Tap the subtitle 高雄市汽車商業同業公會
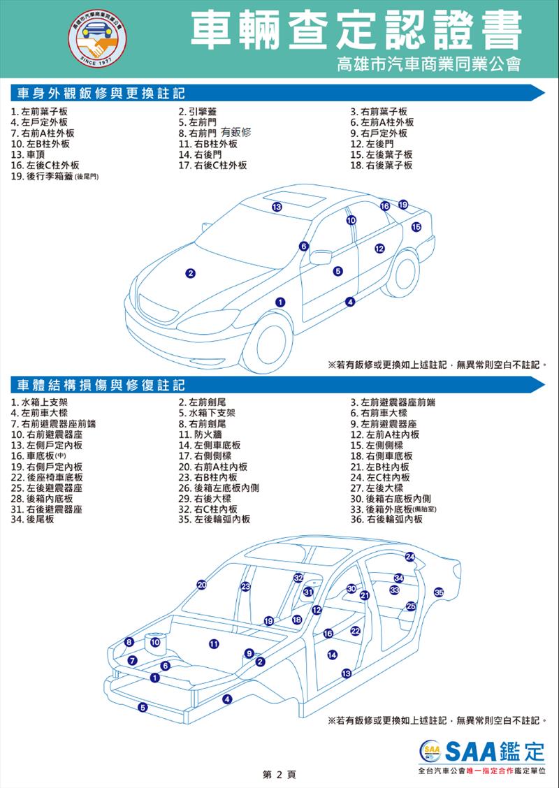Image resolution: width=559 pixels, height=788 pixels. pyautogui.click(x=430, y=64)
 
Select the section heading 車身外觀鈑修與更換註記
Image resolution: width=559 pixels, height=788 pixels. pyautogui.click(x=101, y=93)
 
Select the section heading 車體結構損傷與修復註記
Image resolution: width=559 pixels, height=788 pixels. pyautogui.click(x=101, y=385)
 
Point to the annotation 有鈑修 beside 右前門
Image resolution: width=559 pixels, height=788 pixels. pyautogui.click(x=235, y=133)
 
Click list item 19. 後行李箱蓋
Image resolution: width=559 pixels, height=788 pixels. pyautogui.click(x=55, y=177)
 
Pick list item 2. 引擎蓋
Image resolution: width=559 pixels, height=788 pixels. pyautogui.click(x=198, y=112)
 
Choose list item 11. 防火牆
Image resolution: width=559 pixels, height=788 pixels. pyautogui.click(x=200, y=435)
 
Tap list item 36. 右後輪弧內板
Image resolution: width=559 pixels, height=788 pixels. pyautogui.click(x=386, y=519)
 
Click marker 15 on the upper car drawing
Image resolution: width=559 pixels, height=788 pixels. pyautogui.click(x=416, y=227)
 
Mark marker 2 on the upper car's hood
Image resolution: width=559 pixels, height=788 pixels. pyautogui.click(x=190, y=273)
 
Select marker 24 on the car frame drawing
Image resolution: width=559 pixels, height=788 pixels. pyautogui.click(x=410, y=556)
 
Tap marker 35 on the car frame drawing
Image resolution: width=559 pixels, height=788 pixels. pyautogui.click(x=439, y=592)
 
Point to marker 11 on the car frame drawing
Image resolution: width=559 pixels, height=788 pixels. pyautogui.click(x=213, y=644)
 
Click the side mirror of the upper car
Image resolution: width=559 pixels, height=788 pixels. pyautogui.click(x=320, y=257)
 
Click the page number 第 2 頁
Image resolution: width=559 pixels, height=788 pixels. pyautogui.click(x=279, y=775)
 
